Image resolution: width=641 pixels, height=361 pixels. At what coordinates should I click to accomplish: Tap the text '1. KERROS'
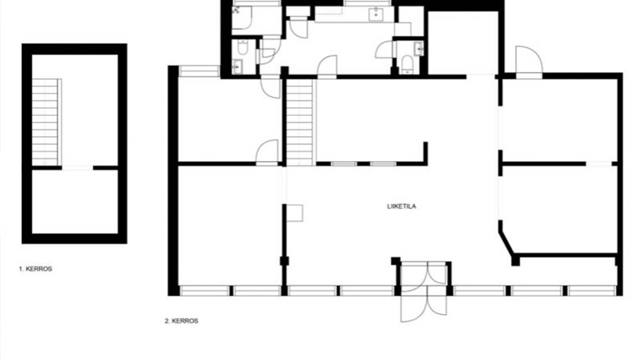pyautogui.click(x=36, y=269)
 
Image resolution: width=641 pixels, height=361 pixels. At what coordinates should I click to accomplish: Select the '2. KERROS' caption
pyautogui.click(x=182, y=321)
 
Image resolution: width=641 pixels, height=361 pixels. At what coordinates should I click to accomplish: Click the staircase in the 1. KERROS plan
pyautogui.click(x=46, y=122)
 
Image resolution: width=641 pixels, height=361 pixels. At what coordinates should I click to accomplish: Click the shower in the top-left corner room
pyautogui.click(x=242, y=18)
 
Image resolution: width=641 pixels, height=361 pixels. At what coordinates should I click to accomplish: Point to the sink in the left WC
pyautogui.click(x=237, y=66)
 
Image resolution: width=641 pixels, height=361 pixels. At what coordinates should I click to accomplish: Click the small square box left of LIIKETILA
pyautogui.click(x=294, y=212)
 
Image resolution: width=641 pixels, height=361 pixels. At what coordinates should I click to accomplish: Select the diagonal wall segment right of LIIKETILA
pyautogui.click(x=506, y=241)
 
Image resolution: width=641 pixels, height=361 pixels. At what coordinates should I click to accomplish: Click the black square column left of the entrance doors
pyautogui.click(x=395, y=261)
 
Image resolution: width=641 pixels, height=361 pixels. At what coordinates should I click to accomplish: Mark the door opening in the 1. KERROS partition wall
pyautogui.click(x=78, y=167)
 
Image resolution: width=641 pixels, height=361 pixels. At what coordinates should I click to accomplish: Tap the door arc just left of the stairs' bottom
pyautogui.click(x=267, y=152)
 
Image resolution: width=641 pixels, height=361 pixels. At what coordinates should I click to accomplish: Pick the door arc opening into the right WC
pyautogui.click(x=385, y=50)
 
